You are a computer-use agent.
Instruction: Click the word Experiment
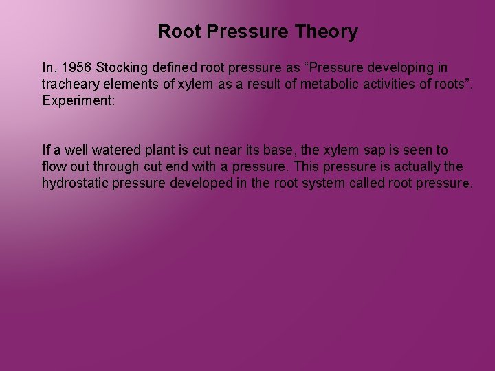(x=75, y=100)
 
